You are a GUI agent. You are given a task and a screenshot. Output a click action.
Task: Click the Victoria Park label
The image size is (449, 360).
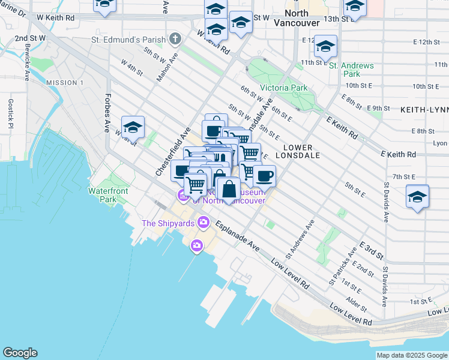284,88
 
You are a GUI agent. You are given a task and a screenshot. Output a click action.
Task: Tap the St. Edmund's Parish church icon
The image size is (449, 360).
175,40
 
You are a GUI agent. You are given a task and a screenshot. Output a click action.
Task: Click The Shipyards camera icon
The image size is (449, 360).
203,223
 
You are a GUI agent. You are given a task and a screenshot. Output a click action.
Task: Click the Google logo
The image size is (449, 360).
20,353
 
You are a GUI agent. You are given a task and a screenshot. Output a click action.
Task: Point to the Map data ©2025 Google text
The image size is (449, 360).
411,355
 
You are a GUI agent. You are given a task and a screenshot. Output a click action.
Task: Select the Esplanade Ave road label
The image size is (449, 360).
238,237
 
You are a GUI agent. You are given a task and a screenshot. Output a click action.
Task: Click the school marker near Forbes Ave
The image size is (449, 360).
133,127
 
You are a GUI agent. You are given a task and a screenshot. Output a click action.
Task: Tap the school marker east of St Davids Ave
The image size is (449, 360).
417,196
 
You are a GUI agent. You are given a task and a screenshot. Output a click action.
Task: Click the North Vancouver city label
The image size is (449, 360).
291,17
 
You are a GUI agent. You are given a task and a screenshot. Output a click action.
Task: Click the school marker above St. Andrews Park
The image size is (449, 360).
325,46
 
